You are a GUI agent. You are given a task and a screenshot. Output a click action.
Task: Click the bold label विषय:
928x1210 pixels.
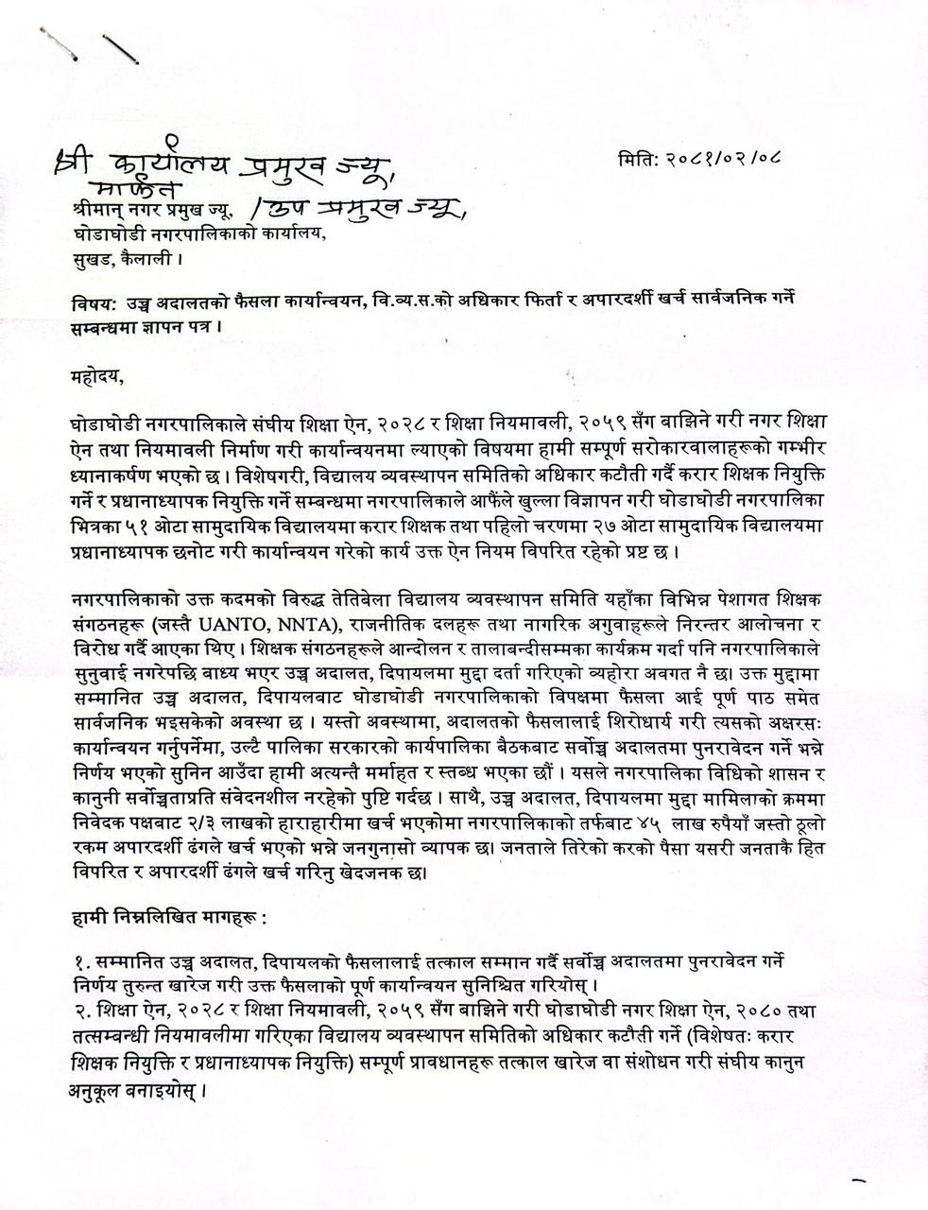(x=92, y=302)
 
